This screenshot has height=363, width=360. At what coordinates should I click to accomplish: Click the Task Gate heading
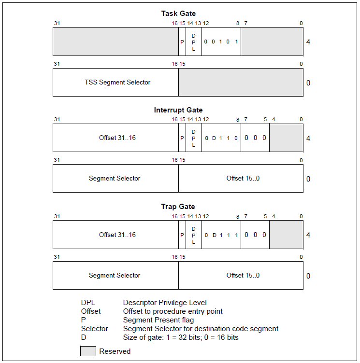pyautogui.click(x=178, y=14)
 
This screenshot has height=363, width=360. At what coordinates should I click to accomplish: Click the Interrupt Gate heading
pyautogui.click(x=178, y=110)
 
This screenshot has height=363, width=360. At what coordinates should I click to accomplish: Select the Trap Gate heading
pyautogui.click(x=178, y=207)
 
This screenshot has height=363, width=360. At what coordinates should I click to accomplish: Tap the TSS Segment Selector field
pyautogui.click(x=117, y=83)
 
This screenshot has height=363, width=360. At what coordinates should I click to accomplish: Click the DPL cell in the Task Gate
pyautogui.click(x=194, y=42)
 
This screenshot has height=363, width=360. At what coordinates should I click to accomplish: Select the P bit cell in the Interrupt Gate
pyautogui.click(x=182, y=138)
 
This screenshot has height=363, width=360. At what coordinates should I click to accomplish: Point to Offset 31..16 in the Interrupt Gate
pyautogui.click(x=117, y=138)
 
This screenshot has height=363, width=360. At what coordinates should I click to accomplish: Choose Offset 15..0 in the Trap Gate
pyautogui.click(x=243, y=276)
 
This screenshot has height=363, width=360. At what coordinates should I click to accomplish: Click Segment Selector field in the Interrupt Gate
pyautogui.click(x=115, y=179)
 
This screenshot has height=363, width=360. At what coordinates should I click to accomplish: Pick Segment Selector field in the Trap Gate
pyautogui.click(x=115, y=276)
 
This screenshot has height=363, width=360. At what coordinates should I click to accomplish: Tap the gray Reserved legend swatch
pyautogui.click(x=88, y=351)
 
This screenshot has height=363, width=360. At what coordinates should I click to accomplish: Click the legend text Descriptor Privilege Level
pyautogui.click(x=165, y=303)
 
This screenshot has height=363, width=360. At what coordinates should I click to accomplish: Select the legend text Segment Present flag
pyautogui.click(x=158, y=320)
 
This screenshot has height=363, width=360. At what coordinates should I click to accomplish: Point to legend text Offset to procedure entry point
pyautogui.click(x=173, y=311)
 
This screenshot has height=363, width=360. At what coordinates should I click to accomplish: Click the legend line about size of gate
pyautogui.click(x=181, y=337)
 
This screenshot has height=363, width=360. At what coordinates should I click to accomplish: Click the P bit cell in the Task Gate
pyautogui.click(x=182, y=42)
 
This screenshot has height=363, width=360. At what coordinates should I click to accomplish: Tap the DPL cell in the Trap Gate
pyautogui.click(x=194, y=235)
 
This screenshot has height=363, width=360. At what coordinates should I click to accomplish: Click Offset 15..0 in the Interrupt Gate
pyautogui.click(x=243, y=179)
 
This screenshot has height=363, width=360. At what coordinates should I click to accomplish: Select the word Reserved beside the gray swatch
pyautogui.click(x=115, y=351)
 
